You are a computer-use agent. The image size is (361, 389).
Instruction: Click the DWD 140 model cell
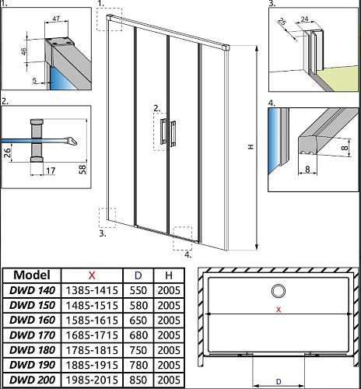[32, 290]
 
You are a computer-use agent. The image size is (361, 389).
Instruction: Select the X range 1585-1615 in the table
[92, 321]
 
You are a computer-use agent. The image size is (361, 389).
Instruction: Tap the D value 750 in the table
[138, 350]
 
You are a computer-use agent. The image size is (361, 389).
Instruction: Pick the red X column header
[92, 275]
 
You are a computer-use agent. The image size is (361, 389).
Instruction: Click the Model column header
[32, 275]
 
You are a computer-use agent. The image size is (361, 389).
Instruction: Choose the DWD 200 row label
[32, 380]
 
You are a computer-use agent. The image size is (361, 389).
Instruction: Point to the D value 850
[138, 380]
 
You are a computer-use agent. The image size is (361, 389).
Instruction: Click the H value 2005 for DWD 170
[169, 335]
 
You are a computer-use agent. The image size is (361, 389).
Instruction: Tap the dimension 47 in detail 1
[56, 19]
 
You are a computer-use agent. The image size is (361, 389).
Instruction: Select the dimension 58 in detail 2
[82, 170]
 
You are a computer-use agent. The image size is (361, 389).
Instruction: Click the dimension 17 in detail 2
[51, 170]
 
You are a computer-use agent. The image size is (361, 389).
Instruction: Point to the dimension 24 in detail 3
[305, 19]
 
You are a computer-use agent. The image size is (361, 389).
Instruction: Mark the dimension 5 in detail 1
[34, 80]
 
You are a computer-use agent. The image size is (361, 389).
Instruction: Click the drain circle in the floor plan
[279, 291]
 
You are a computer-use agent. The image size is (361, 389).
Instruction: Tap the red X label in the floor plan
[279, 309]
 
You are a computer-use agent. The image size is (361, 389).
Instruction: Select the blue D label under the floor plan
[279, 381]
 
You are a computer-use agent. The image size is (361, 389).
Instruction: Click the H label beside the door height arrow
[251, 147]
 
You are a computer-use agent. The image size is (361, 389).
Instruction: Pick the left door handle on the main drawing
[163, 131]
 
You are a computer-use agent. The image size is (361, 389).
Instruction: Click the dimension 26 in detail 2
[7, 152]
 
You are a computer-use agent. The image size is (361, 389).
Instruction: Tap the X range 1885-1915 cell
[92, 365]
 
